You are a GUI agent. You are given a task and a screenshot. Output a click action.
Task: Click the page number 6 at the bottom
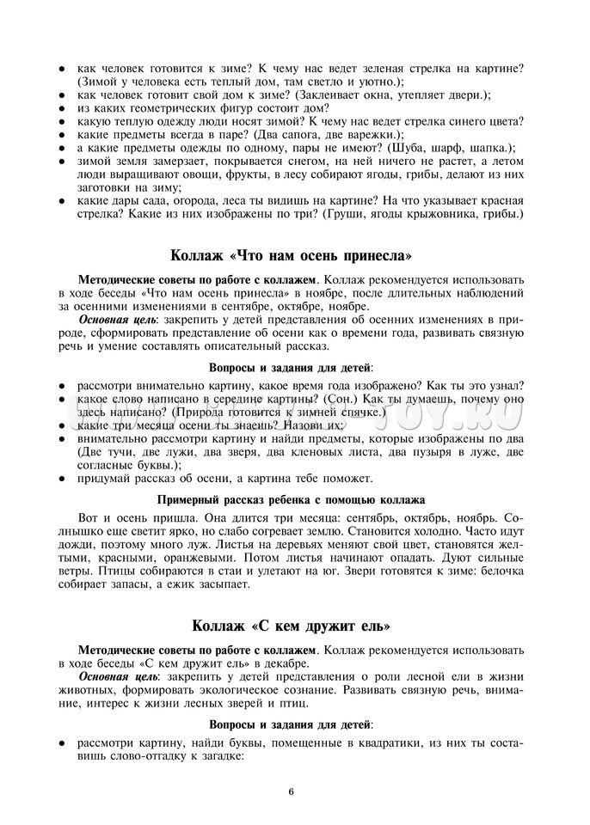[x=292, y=791]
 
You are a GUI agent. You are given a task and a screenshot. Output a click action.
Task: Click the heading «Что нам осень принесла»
[x=292, y=256]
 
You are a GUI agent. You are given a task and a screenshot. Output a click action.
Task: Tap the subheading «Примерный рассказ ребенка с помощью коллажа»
[x=292, y=499]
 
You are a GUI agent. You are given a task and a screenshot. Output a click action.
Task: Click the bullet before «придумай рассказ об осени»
[x=64, y=479]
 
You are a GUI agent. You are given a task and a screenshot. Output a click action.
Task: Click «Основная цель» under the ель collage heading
[x=113, y=676]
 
